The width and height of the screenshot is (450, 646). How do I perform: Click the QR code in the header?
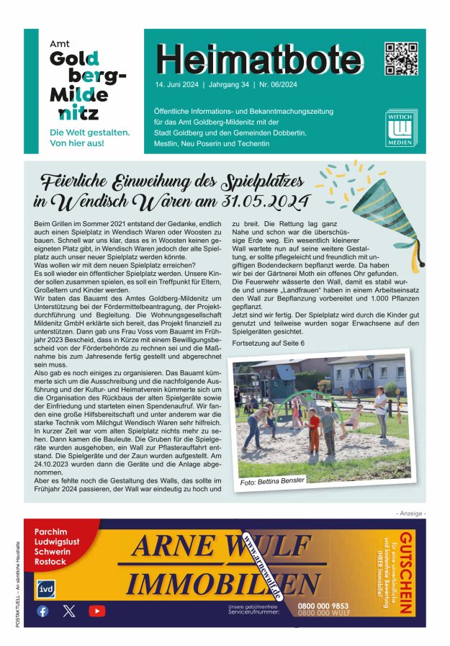pyautogui.click(x=401, y=58)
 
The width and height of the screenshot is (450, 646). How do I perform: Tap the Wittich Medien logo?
pyautogui.click(x=400, y=130)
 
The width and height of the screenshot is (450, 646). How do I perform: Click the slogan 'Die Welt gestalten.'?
pyautogui.click(x=89, y=133)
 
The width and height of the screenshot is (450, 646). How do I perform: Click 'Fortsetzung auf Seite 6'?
pyautogui.click(x=268, y=344)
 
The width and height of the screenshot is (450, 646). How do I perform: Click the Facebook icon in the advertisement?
pyautogui.click(x=42, y=611)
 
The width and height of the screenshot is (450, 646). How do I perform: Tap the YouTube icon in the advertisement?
pyautogui.click(x=96, y=611)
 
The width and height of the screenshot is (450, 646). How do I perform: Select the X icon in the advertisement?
pyautogui.click(x=69, y=611)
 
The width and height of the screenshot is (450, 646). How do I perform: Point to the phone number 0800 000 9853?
pyautogui.click(x=323, y=606)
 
